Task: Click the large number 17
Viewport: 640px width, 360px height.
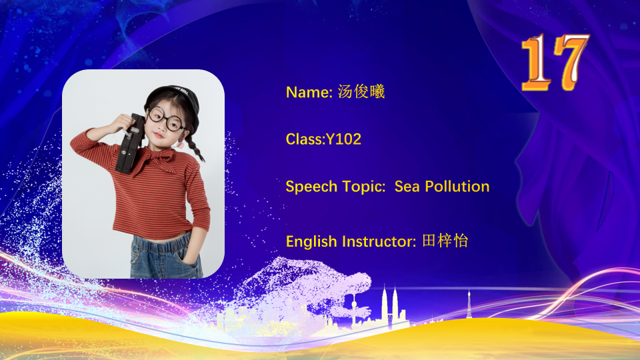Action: tap(555, 62)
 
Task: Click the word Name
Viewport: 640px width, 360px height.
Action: tap(308, 92)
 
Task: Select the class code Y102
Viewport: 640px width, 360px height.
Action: tap(343, 139)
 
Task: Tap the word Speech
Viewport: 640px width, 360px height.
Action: tap(311, 187)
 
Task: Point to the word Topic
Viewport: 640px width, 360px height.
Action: tap(363, 187)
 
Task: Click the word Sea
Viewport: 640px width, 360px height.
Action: tap(407, 187)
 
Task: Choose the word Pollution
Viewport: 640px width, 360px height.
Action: tap(457, 186)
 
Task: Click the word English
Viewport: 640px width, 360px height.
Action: tap(311, 241)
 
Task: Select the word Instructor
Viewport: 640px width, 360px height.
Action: tap(377, 241)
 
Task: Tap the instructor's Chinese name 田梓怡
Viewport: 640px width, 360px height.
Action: tap(445, 241)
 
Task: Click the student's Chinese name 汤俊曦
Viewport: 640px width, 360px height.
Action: tap(361, 91)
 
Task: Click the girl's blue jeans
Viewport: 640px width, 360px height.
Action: tap(166, 255)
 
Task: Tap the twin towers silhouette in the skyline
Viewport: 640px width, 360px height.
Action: tap(389, 307)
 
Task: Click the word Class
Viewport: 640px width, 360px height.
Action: tap(304, 139)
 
